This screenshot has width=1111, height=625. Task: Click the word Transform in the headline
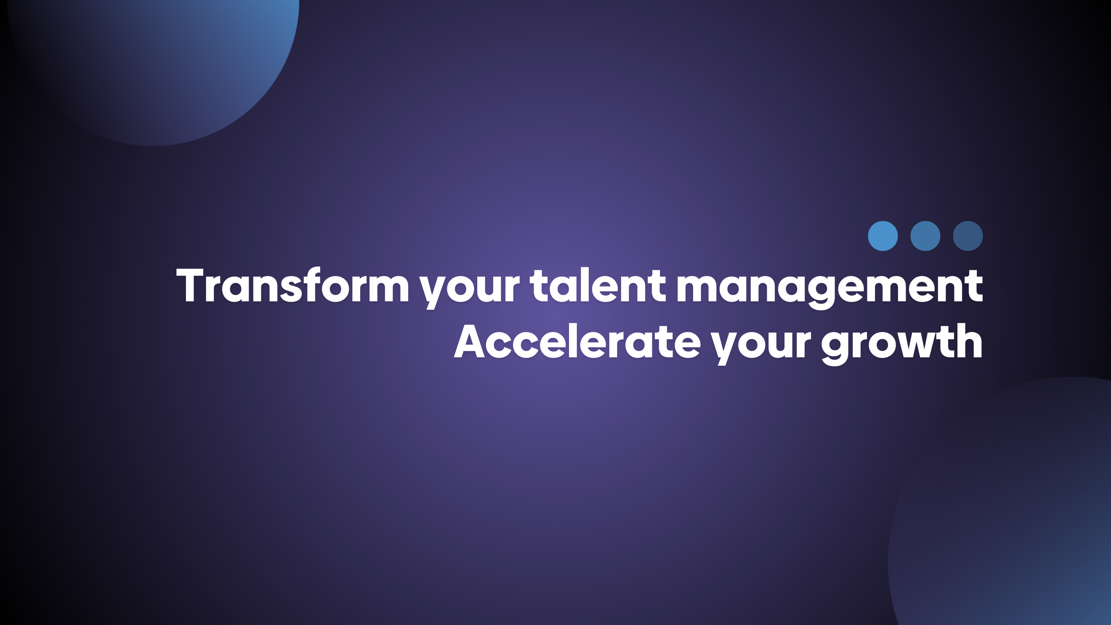coord(293,285)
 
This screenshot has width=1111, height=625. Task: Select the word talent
coord(598,285)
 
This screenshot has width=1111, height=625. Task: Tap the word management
coord(829,288)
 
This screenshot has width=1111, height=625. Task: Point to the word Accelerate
coord(577,342)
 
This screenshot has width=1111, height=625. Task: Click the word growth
coord(902,344)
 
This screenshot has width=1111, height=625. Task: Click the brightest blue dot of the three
coord(883,236)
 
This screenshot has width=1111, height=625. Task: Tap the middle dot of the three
coord(925,236)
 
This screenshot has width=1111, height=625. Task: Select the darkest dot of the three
coord(968,236)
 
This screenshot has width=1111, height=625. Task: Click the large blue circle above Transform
coord(154,65)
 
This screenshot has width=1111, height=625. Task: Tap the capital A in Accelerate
coord(470,342)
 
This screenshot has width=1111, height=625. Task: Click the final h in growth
coord(970,341)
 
